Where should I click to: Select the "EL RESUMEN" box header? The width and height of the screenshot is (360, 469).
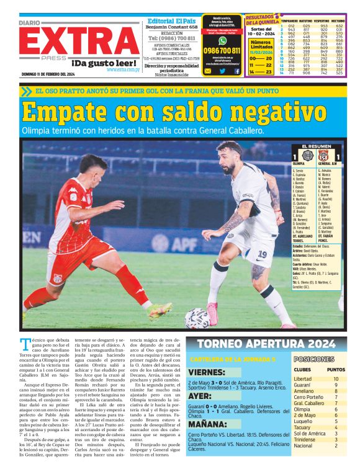click(316, 146)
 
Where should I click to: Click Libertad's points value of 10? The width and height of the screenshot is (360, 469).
click(335, 378)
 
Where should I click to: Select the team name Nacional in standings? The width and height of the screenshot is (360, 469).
click(303, 445)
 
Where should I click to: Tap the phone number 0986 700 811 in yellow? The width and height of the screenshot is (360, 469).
click(221, 50)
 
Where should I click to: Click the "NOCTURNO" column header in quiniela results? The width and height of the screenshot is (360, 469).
click(338, 20)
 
